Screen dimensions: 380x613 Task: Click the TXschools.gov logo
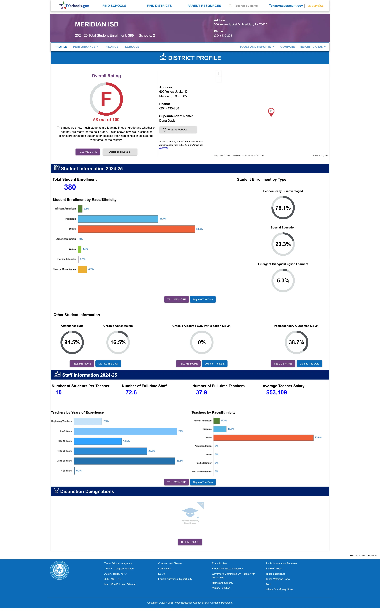coord(74,6)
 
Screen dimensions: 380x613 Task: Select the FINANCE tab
coord(112,47)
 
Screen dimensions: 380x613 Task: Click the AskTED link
coord(163,148)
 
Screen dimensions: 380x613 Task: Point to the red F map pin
coord(271,112)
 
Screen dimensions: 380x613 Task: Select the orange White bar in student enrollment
coord(136,229)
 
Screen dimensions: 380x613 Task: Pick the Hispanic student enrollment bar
coord(118,219)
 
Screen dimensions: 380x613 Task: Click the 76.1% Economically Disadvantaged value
coord(283,208)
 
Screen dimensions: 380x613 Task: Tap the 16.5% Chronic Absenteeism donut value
coord(118,342)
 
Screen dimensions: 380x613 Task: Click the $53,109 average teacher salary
coord(276,392)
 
